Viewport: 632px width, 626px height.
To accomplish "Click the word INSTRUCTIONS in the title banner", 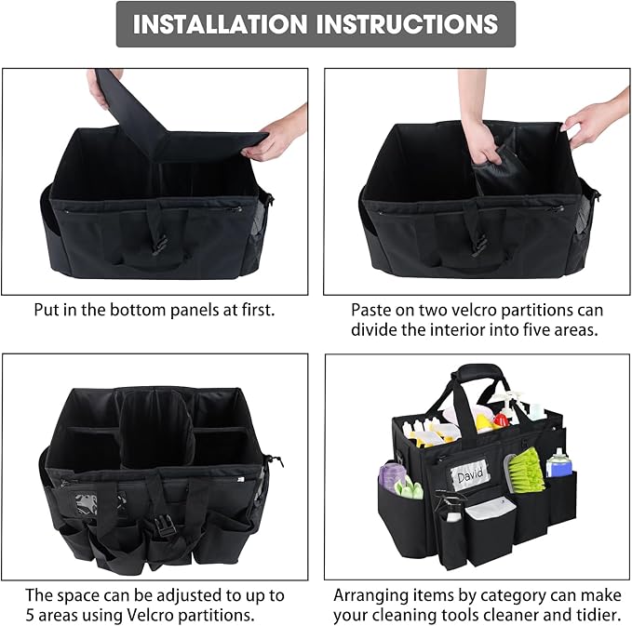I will [407, 24].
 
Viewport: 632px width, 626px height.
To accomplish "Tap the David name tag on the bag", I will [472, 477].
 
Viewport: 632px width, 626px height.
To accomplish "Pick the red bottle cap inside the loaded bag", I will [485, 420].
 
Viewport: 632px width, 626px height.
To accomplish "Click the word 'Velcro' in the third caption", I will [163, 616].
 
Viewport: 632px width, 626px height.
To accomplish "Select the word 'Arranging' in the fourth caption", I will [370, 595].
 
